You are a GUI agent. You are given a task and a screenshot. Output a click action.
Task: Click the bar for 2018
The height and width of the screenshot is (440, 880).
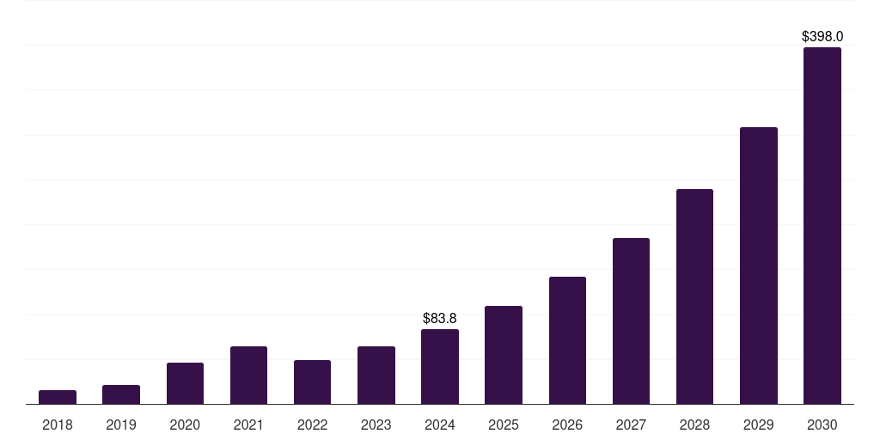coord(58,397)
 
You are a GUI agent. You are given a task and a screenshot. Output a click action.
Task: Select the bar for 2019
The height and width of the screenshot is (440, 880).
coord(121,394)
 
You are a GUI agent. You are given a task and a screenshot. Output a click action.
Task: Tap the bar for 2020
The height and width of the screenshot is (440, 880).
coord(185,383)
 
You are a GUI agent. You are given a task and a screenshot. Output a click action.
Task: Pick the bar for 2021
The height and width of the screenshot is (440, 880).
coord(248,376)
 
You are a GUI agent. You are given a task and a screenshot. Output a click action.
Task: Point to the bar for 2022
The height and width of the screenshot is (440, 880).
coord(312,382)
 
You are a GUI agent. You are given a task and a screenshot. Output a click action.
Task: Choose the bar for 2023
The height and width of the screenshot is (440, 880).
coord(376,376)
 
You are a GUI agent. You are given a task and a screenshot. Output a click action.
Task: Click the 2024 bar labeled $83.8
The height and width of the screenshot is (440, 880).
coord(440,367)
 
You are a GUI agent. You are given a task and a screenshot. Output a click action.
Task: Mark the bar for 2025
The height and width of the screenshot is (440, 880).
coord(504,355)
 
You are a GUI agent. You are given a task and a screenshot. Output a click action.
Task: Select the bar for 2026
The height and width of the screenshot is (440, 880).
coord(567,340)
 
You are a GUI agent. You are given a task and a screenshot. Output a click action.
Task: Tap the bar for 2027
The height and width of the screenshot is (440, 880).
coord(631,321)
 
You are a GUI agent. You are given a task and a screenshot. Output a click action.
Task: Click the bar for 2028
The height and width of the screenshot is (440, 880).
coord(694,296)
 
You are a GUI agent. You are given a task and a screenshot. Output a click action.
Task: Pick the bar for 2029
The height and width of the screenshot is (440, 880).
coord(758,266)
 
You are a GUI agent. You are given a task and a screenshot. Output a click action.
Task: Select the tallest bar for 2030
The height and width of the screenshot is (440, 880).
coord(822,226)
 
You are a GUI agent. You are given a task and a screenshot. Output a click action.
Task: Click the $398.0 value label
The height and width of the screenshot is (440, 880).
coord(822,37)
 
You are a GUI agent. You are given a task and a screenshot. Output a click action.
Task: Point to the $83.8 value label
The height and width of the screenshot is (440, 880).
coord(440,319)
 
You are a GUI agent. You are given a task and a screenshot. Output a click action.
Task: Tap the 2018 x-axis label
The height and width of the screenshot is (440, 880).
coord(58,425)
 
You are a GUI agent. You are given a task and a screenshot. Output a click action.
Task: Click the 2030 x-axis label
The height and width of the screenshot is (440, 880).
coord(822,425)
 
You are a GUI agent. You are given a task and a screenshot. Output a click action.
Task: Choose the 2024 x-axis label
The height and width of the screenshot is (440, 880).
coord(440,425)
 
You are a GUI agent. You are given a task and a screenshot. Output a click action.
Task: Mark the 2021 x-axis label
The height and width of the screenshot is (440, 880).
coord(248,425)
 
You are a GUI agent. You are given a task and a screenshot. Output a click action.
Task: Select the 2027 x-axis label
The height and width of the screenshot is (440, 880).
coord(631,425)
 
